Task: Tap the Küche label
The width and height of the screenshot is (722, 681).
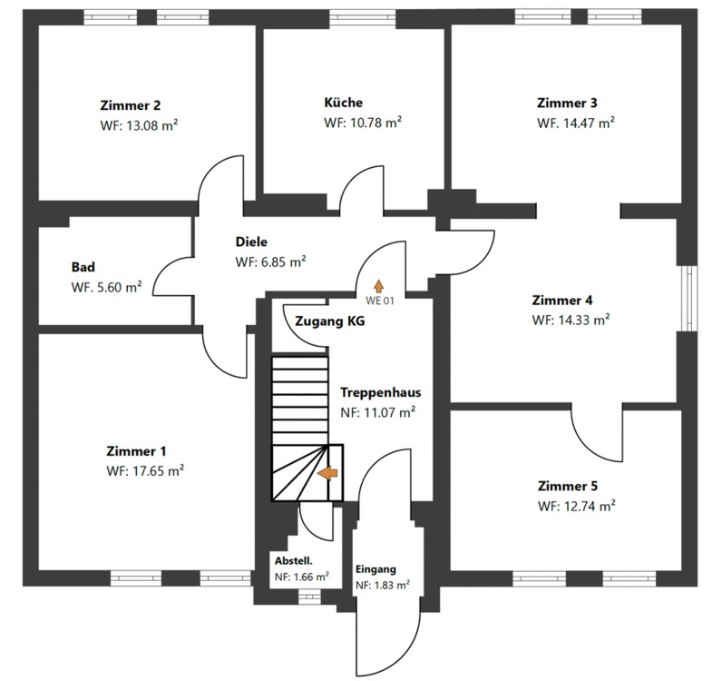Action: point(343,103)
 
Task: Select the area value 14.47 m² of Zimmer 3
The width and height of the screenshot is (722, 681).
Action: point(576,123)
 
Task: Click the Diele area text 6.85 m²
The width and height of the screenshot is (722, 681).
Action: point(270,262)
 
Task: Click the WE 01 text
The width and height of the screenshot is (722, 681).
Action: point(379,300)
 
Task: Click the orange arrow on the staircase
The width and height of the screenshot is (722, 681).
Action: point(327,472)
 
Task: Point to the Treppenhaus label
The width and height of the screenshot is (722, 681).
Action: point(380,393)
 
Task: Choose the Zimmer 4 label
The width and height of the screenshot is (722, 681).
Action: point(563,301)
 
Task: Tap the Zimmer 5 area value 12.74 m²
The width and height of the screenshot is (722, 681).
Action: point(576,506)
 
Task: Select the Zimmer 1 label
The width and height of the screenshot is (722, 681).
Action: point(136,451)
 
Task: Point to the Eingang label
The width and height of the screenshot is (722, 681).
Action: point(376,569)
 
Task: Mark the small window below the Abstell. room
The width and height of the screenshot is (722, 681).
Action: point(309,597)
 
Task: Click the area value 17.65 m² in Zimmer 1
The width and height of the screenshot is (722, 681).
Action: point(145,471)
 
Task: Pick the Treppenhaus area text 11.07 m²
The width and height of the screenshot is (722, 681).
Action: point(377,412)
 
